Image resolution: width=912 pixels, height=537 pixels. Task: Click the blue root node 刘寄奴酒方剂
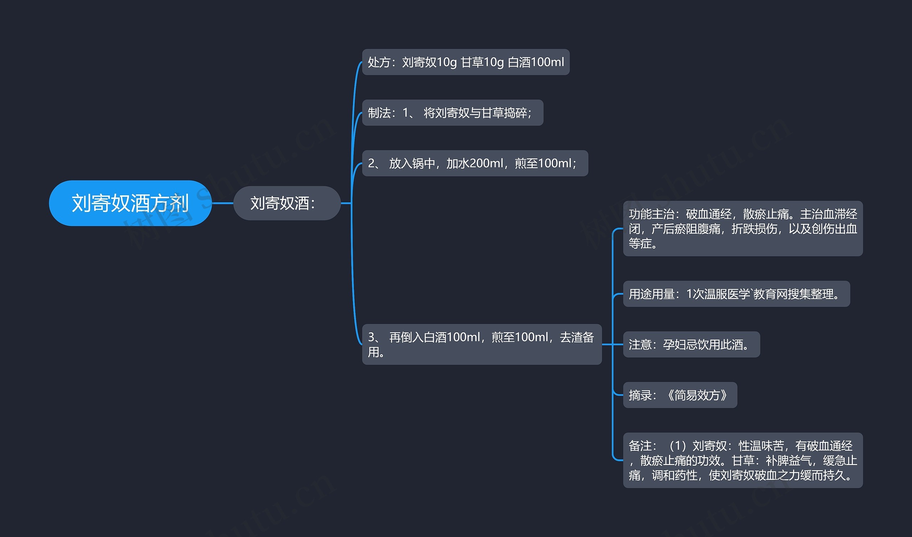[130, 203]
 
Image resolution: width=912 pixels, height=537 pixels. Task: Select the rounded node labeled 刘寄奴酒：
[287, 203]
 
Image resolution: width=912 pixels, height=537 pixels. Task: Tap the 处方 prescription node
[465, 62]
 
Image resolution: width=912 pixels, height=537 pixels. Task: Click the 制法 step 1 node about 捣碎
[452, 113]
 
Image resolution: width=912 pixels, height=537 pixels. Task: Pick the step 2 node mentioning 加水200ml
[475, 163]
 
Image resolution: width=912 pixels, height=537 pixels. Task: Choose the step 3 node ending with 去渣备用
[481, 344]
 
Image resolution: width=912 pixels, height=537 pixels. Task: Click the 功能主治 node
[743, 228]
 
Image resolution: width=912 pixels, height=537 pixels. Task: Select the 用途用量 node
[736, 294]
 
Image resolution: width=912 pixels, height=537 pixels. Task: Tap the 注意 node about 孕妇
[691, 344]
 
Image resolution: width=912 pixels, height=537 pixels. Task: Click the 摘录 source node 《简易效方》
[680, 395]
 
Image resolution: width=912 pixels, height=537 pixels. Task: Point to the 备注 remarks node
[743, 460]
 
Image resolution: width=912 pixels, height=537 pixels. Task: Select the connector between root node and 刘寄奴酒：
[222, 203]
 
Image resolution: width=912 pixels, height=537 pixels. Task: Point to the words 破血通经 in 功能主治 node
[709, 215]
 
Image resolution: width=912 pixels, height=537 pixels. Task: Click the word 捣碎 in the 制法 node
[516, 113]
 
